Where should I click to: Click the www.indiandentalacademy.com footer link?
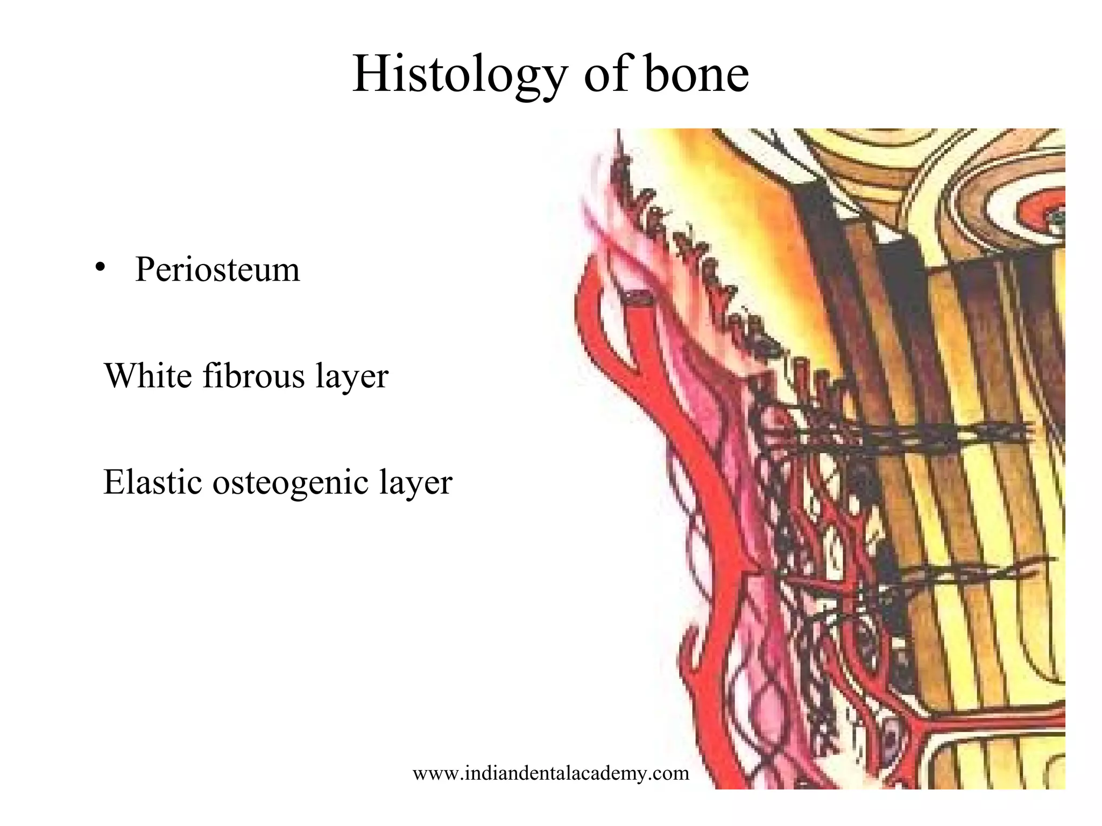tap(550, 773)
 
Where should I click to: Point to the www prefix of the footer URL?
tap(430, 773)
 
